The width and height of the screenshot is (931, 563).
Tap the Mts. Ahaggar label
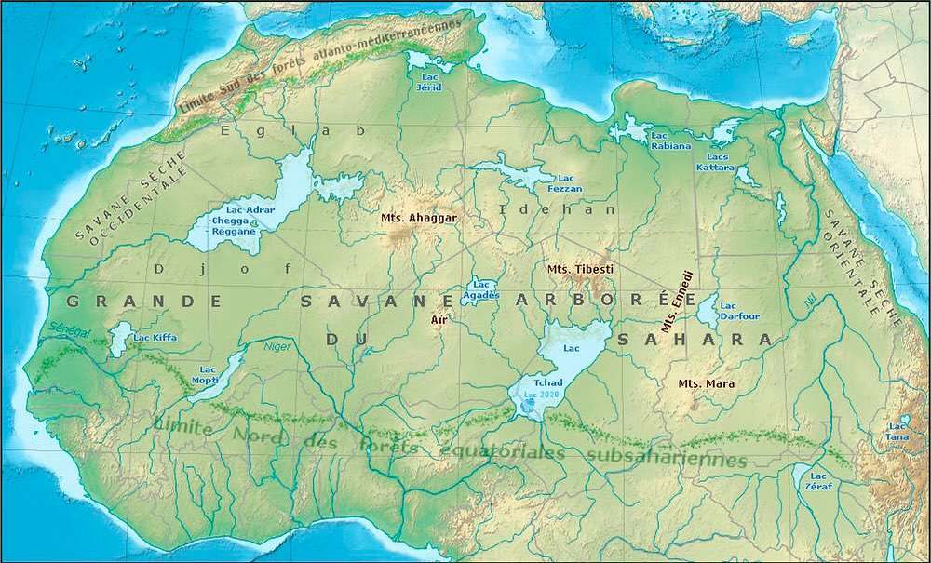pyautogui.click(x=421, y=218)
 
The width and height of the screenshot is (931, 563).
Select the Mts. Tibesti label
pyautogui.click(x=580, y=269)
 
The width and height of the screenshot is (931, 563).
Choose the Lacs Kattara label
pyautogui.click(x=715, y=162)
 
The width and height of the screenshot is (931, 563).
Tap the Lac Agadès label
pyautogui.click(x=481, y=289)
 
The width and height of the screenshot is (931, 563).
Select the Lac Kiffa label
pyautogui.click(x=153, y=337)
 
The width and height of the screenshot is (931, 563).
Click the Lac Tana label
pyautogui.click(x=897, y=431)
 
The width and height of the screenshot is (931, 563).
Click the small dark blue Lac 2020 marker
pyautogui.click(x=529, y=401)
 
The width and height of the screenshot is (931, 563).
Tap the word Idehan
pyautogui.click(x=559, y=209)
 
